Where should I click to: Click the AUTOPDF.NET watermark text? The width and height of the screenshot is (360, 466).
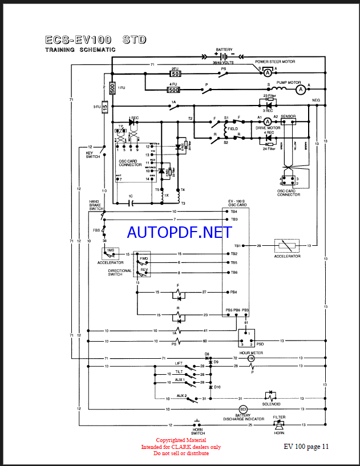click(x=179, y=232)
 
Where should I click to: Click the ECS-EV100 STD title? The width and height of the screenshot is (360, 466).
click(x=96, y=40)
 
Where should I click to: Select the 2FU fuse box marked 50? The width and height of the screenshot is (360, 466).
click(x=176, y=74)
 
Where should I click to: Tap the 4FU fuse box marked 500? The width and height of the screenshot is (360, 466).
click(x=173, y=90)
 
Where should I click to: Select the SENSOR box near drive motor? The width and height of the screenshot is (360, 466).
click(x=288, y=116)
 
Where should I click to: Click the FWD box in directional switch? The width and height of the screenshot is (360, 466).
click(x=144, y=259)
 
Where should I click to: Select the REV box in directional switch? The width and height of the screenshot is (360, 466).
click(x=144, y=270)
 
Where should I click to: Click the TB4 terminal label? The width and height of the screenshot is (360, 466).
click(x=233, y=211)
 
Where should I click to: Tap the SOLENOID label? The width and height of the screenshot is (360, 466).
click(x=272, y=404)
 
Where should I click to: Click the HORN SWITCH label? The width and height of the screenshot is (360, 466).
click(x=197, y=433)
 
